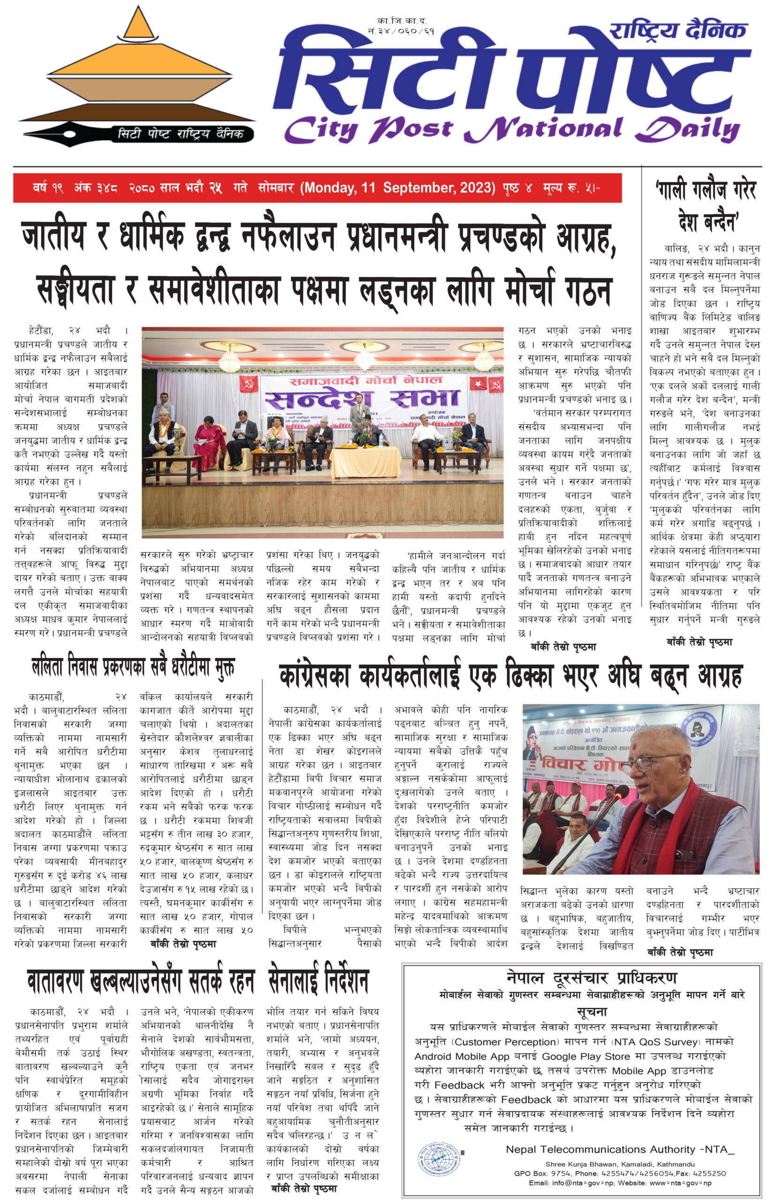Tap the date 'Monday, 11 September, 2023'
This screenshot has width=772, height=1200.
pyautogui.click(x=398, y=188)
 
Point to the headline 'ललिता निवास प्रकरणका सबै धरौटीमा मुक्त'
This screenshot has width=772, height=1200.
pyautogui.click(x=133, y=667)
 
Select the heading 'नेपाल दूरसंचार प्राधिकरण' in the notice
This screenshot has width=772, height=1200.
pyautogui.click(x=592, y=977)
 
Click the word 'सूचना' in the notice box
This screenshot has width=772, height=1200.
pyautogui.click(x=592, y=1012)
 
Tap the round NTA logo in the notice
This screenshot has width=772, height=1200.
pyautogui.click(x=439, y=1158)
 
